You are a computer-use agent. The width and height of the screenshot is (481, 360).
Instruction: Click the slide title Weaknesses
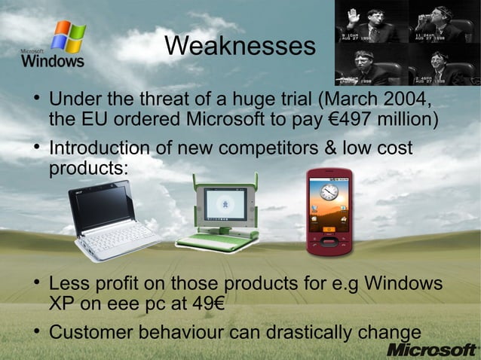240,47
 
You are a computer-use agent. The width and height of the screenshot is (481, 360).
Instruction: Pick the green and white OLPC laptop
218,215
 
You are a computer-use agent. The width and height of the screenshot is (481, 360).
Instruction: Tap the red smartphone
328,212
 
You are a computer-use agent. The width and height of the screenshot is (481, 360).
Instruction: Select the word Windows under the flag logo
53,61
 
